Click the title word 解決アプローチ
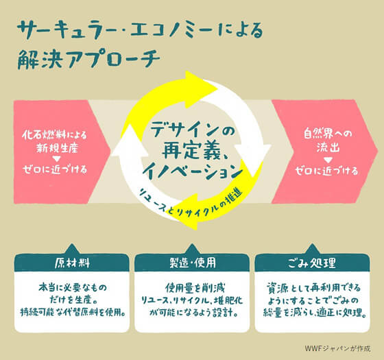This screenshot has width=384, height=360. (x=88, y=59)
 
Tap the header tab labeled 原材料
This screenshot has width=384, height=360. (x=72, y=263)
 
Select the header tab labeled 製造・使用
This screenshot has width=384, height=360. (x=192, y=263)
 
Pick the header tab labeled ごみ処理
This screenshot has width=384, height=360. (x=312, y=263)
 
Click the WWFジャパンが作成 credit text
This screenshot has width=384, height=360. (x=337, y=348)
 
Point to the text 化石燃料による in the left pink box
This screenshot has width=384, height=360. (x=54, y=135)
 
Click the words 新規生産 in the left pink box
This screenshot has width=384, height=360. (x=57, y=148)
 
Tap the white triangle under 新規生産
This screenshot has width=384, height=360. (x=56, y=159)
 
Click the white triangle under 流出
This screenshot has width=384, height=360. (x=328, y=160)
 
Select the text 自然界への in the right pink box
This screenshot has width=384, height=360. (x=328, y=134)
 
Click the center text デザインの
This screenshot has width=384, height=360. (x=193, y=130)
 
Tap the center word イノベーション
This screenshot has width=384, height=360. (x=192, y=171)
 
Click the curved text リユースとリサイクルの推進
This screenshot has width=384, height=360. (x=191, y=204)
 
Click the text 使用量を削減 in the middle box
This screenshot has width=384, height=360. (x=195, y=288)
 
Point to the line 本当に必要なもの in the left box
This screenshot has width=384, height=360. (x=73, y=288)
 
